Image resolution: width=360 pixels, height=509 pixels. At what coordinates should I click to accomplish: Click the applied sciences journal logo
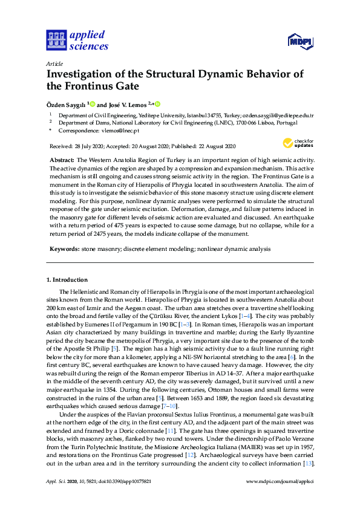[x=76, y=40]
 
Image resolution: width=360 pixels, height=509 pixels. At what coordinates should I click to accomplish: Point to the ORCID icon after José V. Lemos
[x=158, y=104]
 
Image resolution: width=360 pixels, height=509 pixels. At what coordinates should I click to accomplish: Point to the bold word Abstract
[x=61, y=159]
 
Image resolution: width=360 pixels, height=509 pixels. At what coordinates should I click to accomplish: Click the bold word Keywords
[x=63, y=248]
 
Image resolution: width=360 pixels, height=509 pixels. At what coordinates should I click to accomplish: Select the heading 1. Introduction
[x=67, y=280]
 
